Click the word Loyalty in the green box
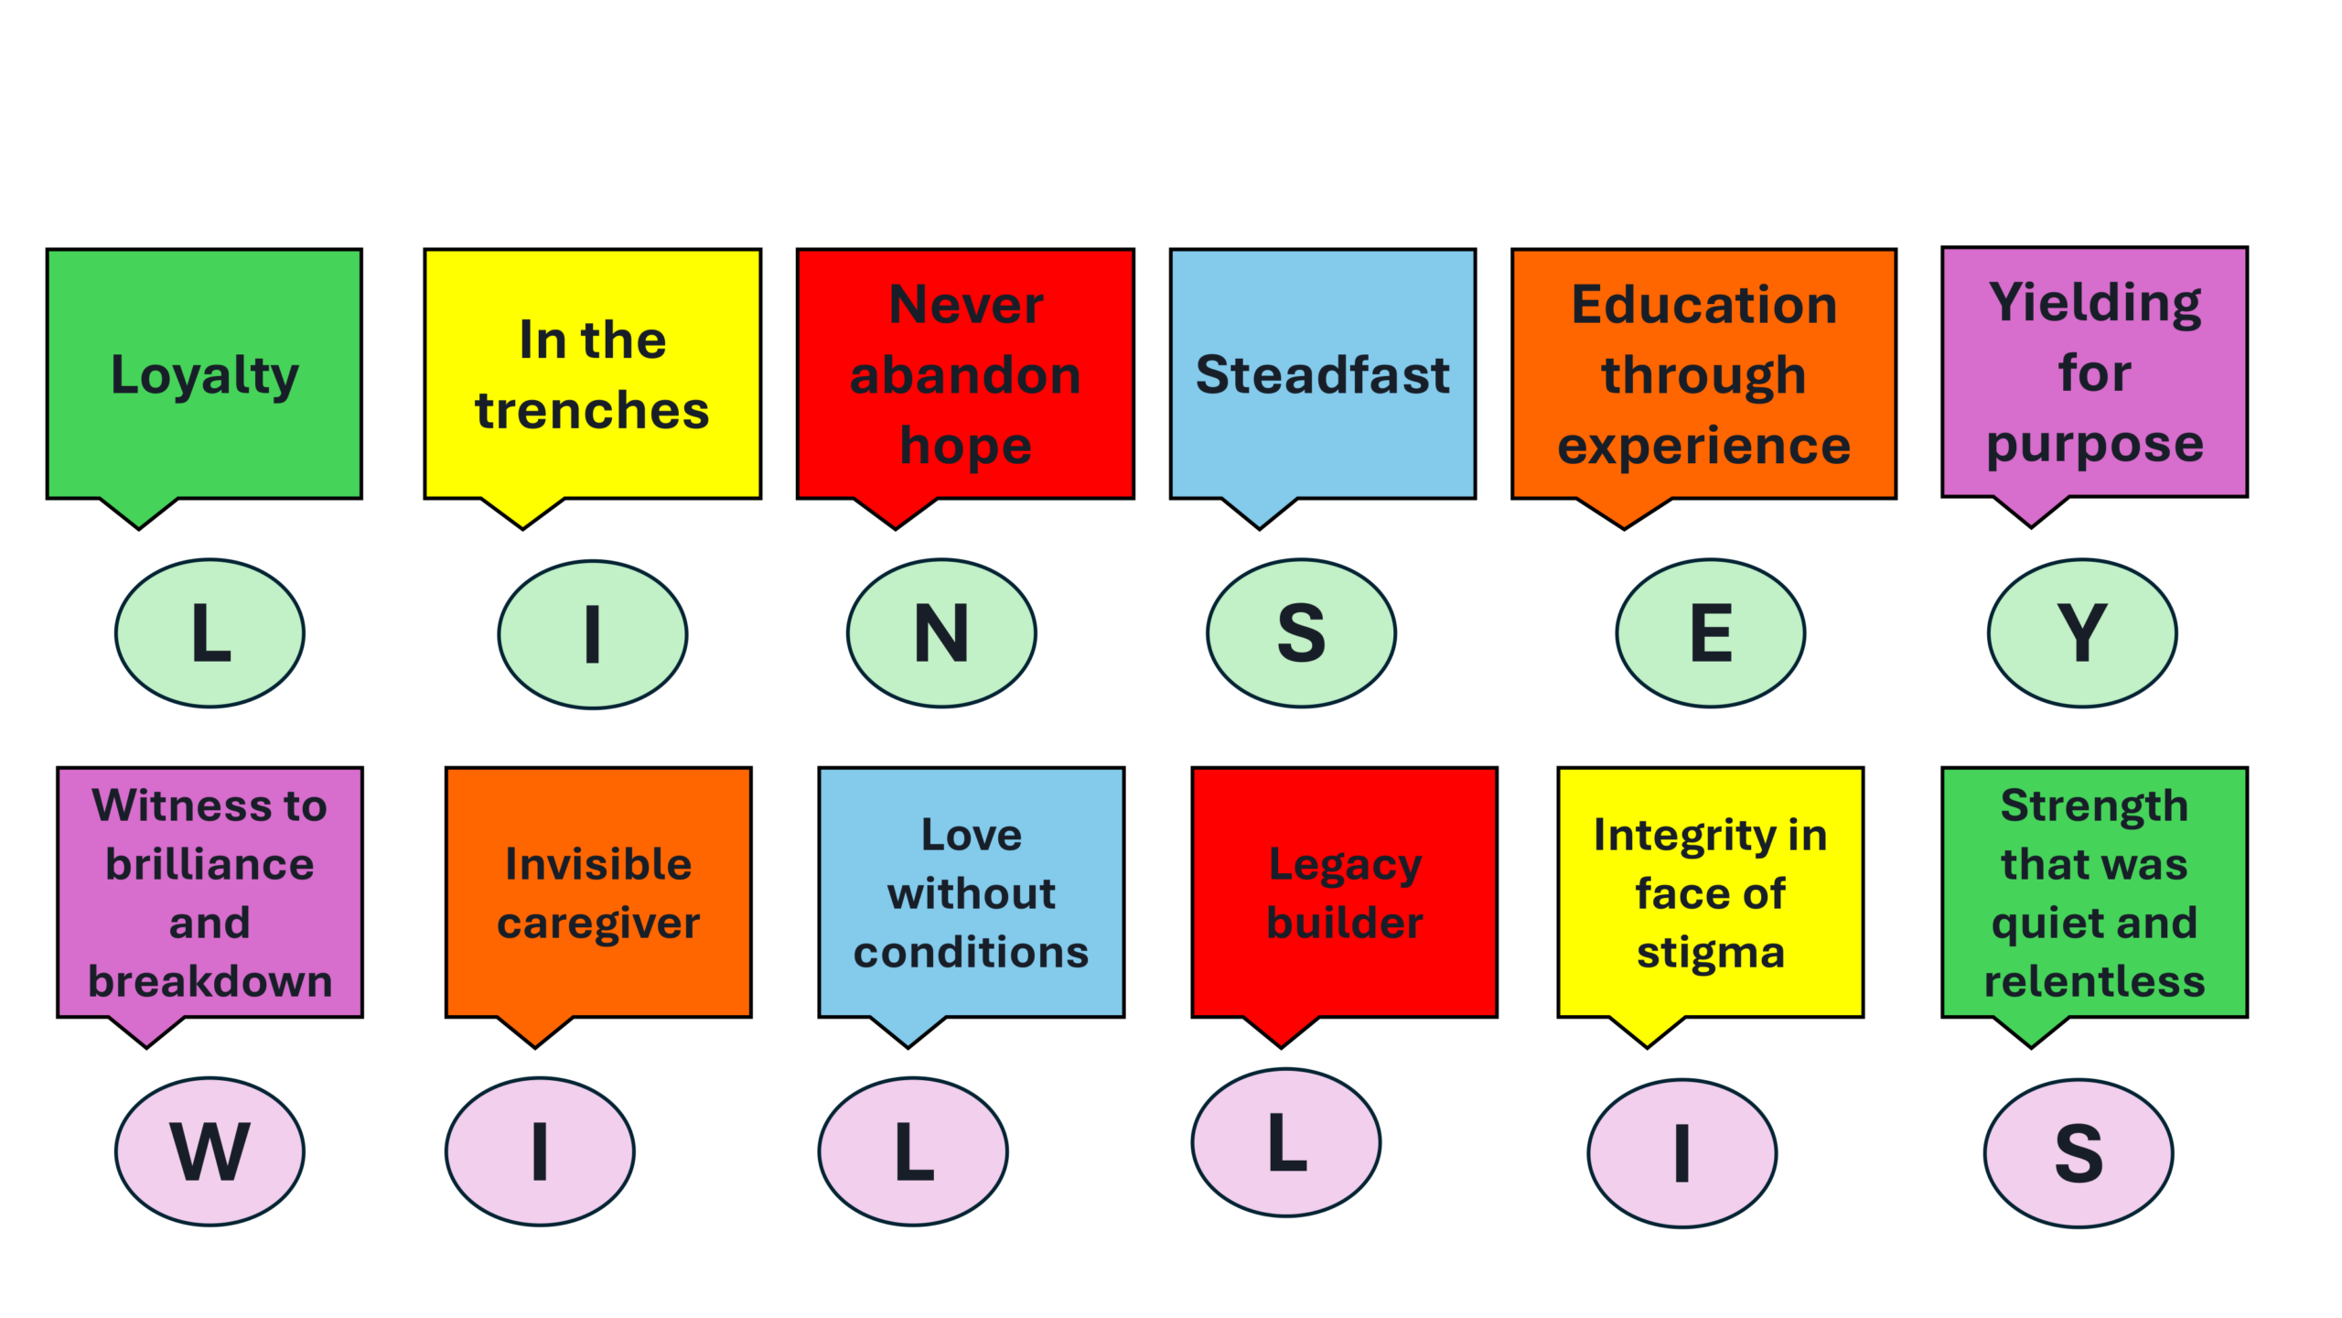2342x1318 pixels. [204, 375]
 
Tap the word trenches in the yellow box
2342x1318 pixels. [592, 410]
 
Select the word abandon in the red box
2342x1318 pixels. [965, 375]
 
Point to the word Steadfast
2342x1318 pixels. [1322, 375]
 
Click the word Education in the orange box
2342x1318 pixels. [1703, 305]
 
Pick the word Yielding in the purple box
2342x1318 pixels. [2094, 303]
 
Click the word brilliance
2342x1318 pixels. [209, 864]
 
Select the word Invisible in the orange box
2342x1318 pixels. [598, 864]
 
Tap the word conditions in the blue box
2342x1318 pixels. [971, 952]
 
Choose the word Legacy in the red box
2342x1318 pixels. [1344, 864]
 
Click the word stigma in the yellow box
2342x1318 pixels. [1710, 952]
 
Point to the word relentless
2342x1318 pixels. [2094, 981]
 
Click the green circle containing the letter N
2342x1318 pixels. [941, 633]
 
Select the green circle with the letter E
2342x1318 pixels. [1710, 633]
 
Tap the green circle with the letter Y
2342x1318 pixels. [2082, 633]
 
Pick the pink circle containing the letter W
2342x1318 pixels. [209, 1151]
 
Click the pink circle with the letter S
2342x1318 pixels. [2078, 1153]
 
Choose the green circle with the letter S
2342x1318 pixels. [1301, 633]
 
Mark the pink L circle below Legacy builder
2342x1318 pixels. [1286, 1142]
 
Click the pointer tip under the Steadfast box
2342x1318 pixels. [1260, 526]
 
